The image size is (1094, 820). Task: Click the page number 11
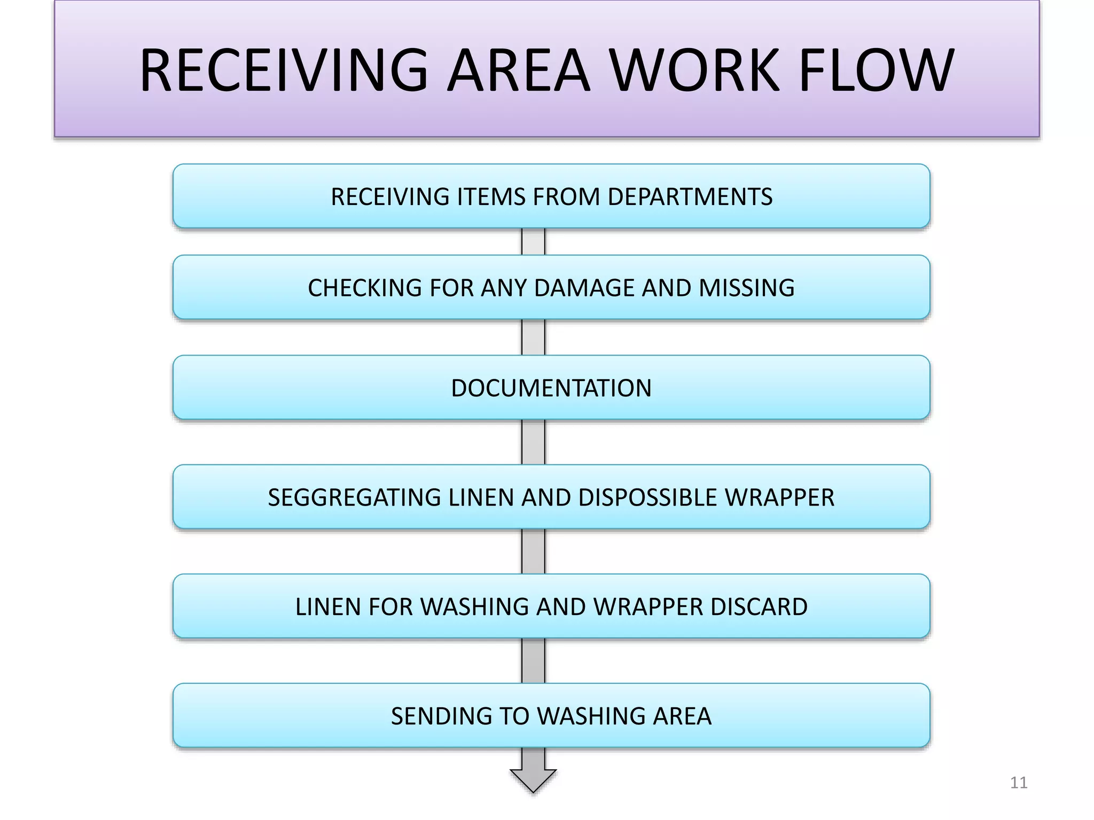click(1019, 783)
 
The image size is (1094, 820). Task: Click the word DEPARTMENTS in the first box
click(690, 197)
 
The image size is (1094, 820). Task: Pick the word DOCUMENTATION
click(551, 388)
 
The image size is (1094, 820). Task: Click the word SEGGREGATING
click(355, 498)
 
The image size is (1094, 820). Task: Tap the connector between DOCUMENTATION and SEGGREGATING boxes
click(533, 442)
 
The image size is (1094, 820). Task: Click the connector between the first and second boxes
click(533, 242)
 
